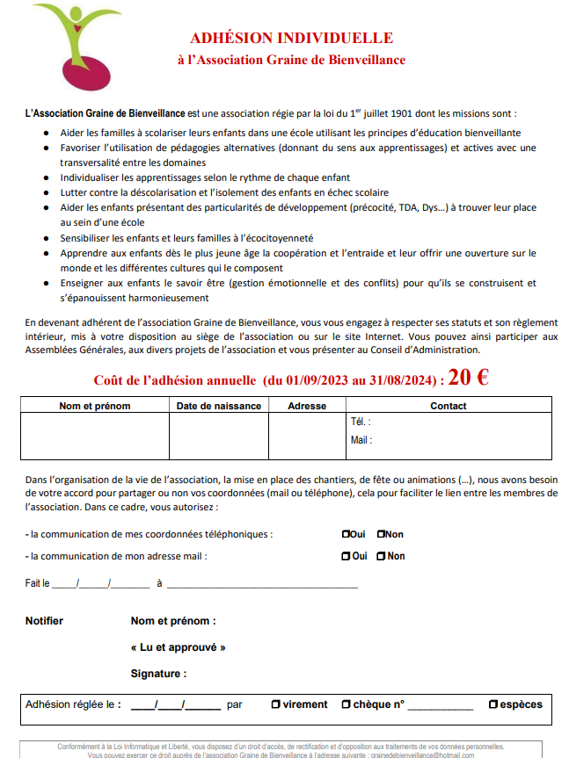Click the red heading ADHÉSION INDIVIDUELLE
(291, 38)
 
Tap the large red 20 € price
(469, 378)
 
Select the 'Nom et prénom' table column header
(94, 406)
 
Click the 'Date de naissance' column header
(219, 406)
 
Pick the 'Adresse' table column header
(307, 406)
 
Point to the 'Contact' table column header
(449, 406)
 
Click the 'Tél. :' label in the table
(361, 422)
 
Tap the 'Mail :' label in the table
(361, 440)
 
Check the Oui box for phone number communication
(346, 534)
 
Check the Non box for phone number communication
(381, 534)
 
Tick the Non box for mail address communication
(381, 556)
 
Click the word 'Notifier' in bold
(44, 621)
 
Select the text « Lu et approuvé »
(178, 647)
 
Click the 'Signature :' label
(158, 674)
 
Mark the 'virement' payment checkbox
(275, 704)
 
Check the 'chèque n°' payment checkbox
(347, 704)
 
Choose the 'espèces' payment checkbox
(493, 704)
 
